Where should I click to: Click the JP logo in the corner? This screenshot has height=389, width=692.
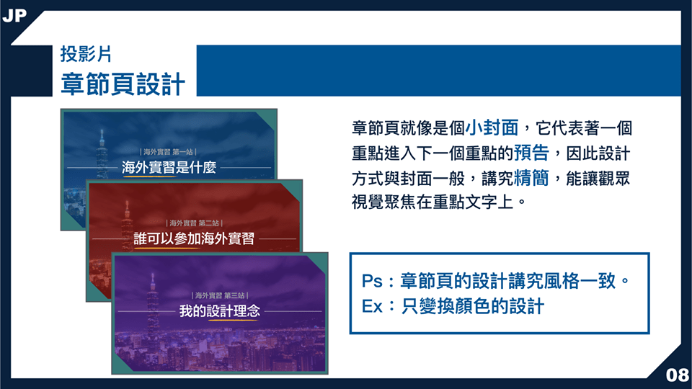click(x=14, y=15)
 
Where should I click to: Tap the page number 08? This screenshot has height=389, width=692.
click(x=677, y=375)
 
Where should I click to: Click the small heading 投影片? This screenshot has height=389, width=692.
click(x=86, y=54)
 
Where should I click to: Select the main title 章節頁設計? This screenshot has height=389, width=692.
click(x=123, y=84)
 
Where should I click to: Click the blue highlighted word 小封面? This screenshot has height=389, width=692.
click(x=492, y=128)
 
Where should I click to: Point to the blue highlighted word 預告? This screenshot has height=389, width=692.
click(x=531, y=153)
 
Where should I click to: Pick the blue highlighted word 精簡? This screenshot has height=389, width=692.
click(x=531, y=178)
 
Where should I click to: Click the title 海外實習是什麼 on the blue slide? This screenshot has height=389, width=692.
click(x=169, y=168)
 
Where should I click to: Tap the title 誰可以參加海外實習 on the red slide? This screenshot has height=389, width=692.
click(x=194, y=238)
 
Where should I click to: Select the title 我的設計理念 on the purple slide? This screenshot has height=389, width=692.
click(x=219, y=311)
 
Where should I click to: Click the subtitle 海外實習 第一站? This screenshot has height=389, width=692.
click(x=168, y=152)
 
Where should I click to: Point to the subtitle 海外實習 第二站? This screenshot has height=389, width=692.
click(x=194, y=223)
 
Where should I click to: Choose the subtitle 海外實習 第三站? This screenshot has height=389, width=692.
click(x=220, y=295)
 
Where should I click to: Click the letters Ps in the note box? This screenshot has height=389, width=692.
click(x=372, y=281)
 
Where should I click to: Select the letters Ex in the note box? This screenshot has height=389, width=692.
click(x=372, y=306)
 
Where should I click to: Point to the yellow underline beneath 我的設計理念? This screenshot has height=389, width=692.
click(x=233, y=319)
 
